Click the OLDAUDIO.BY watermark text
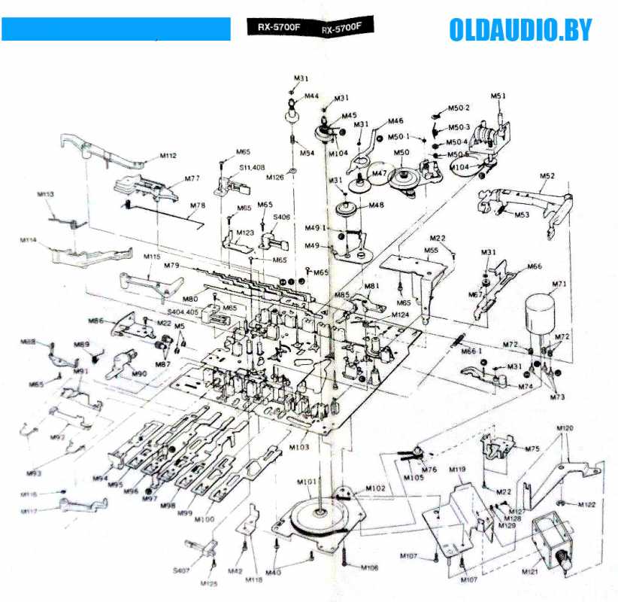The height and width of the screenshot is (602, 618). click(520, 30)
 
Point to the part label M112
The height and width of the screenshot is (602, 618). click(168, 157)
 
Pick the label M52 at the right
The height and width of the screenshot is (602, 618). click(547, 176)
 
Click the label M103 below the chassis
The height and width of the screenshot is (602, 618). click(298, 447)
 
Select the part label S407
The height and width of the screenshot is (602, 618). click(181, 570)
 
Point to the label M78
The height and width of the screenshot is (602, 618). click(198, 205)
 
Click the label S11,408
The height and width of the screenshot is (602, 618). click(252, 168)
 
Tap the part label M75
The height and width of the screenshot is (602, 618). click(532, 448)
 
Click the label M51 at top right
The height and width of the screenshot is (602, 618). click(498, 96)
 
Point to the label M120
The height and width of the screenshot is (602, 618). click(565, 427)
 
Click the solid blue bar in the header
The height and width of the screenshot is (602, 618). click(116, 29)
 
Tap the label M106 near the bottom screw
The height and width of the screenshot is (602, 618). click(369, 567)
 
